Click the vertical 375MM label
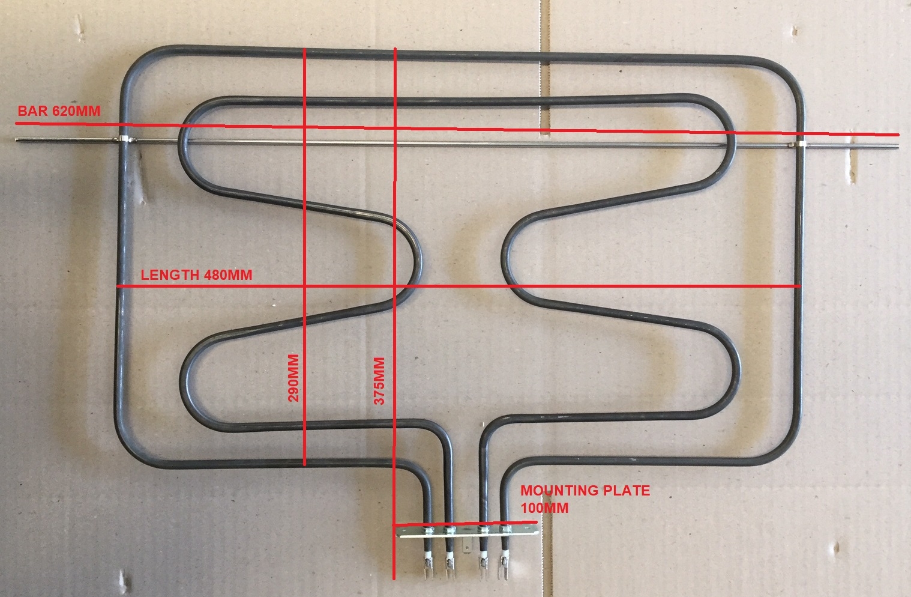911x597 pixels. click(379, 381)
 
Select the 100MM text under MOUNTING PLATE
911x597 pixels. click(544, 508)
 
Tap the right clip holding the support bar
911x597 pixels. click(800, 145)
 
